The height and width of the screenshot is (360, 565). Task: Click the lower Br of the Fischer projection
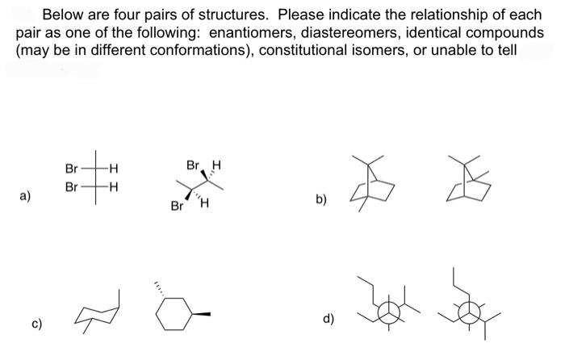point(71,185)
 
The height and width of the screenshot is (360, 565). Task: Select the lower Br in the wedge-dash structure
point(177,205)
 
